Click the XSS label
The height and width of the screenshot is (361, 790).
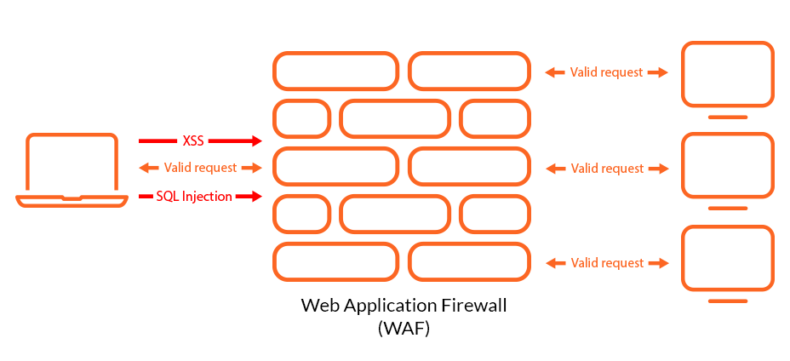(x=193, y=140)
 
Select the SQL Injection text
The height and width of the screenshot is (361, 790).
(x=194, y=197)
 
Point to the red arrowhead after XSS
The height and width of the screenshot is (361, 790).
(x=255, y=140)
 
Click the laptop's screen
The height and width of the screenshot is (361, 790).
(x=72, y=163)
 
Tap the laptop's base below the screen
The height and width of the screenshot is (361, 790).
(x=72, y=201)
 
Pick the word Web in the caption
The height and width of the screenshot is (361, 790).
(x=317, y=306)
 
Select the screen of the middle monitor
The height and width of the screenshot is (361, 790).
(x=727, y=166)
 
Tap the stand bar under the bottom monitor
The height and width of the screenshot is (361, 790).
(x=727, y=301)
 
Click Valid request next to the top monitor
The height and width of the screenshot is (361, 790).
(x=606, y=72)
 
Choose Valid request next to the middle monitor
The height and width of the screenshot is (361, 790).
(x=606, y=169)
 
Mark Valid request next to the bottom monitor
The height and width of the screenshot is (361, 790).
(x=606, y=263)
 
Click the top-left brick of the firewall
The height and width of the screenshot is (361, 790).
(x=335, y=72)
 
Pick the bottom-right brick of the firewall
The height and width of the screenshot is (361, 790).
(x=470, y=262)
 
